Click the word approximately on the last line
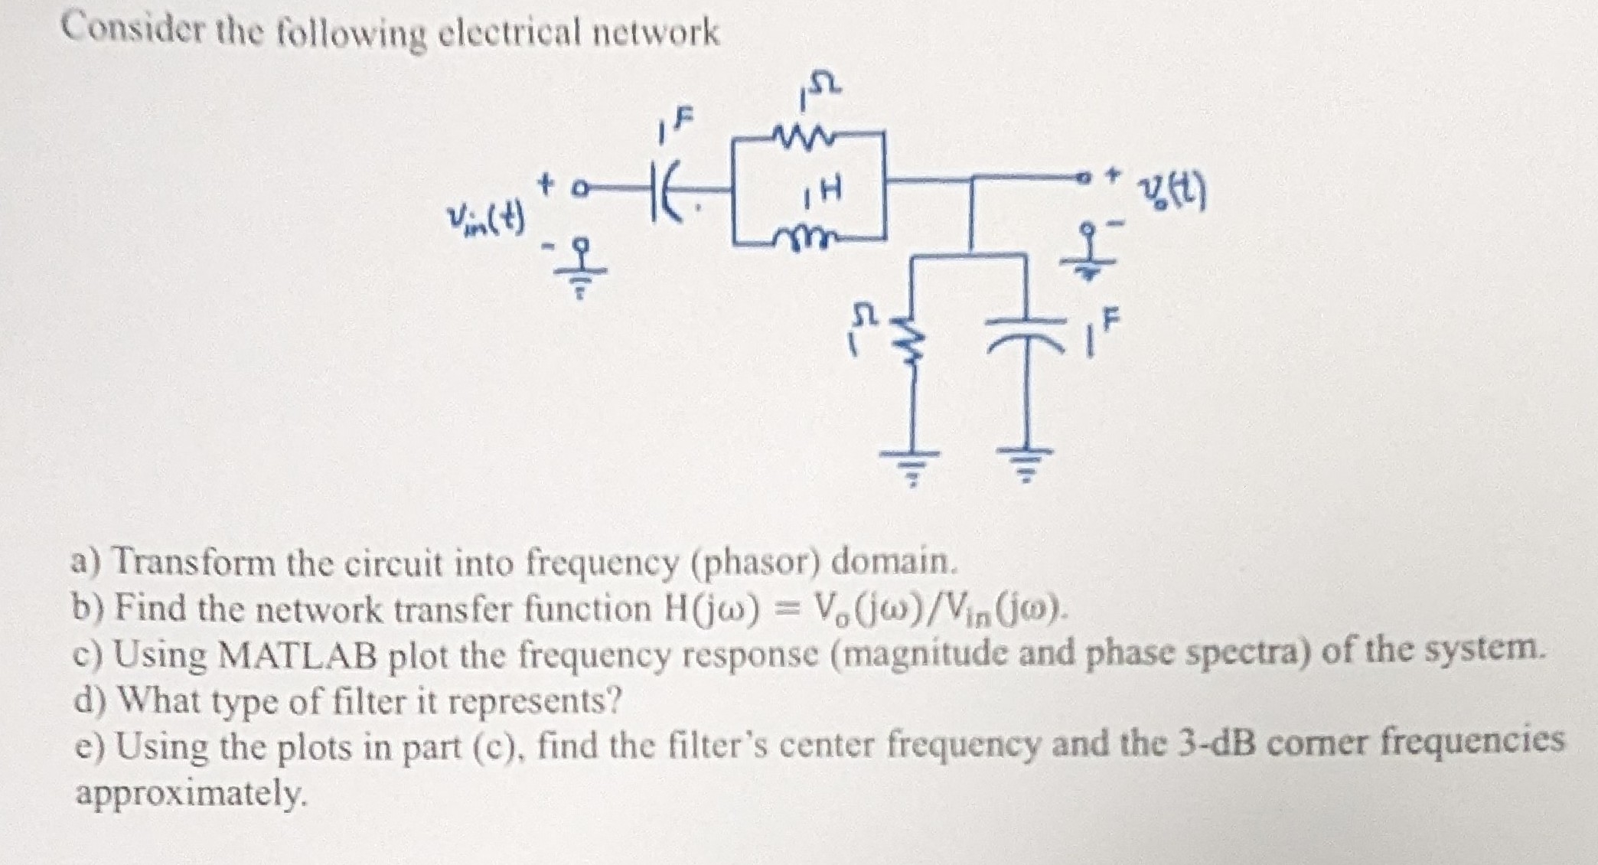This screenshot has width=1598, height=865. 191,793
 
